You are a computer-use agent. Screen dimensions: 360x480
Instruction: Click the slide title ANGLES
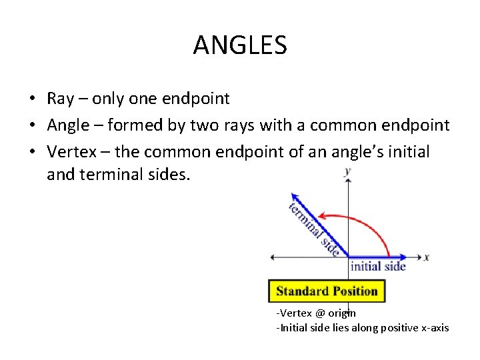click(240, 45)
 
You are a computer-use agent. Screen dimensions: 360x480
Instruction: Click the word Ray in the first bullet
click(60, 99)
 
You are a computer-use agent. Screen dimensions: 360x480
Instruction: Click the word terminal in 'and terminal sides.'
click(109, 175)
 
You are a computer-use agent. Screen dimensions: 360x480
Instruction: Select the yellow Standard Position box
click(327, 291)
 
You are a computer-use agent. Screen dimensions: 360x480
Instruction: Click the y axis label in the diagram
click(347, 172)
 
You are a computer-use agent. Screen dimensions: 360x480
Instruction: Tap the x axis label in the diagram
click(426, 257)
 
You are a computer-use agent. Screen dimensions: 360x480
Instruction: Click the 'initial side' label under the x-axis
click(378, 266)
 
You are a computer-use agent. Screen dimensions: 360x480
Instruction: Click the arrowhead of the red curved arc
click(321, 215)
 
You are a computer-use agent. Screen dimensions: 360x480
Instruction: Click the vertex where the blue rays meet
click(348, 257)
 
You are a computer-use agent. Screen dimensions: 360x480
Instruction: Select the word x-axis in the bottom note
click(433, 327)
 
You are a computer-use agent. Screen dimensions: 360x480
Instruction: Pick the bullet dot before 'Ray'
click(32, 99)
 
